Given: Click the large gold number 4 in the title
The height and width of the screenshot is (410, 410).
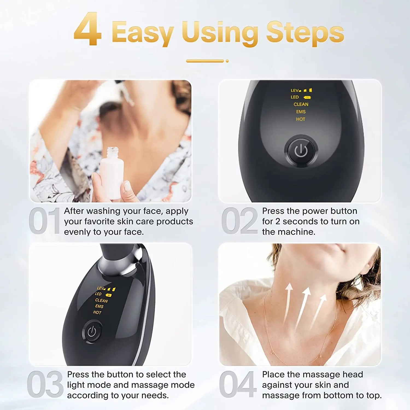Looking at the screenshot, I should (87, 30).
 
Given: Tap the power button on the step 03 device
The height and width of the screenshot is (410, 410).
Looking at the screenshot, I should (92, 332).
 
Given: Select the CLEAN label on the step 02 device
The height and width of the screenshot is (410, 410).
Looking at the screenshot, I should (301, 104).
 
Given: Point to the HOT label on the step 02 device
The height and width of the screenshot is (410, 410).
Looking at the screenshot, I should (300, 119).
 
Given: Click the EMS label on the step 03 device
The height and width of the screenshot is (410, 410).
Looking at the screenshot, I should (99, 306).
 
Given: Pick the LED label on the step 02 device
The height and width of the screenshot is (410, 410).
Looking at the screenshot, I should (295, 97).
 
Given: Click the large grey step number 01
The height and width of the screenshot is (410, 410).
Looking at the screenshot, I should (45, 221).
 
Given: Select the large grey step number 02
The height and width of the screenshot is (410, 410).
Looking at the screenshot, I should (239, 221).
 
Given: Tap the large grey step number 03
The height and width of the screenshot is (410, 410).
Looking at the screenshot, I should (45, 384).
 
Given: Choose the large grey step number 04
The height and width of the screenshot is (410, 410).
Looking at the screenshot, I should (238, 384).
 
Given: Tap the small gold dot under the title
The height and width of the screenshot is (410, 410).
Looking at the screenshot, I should (227, 61).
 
